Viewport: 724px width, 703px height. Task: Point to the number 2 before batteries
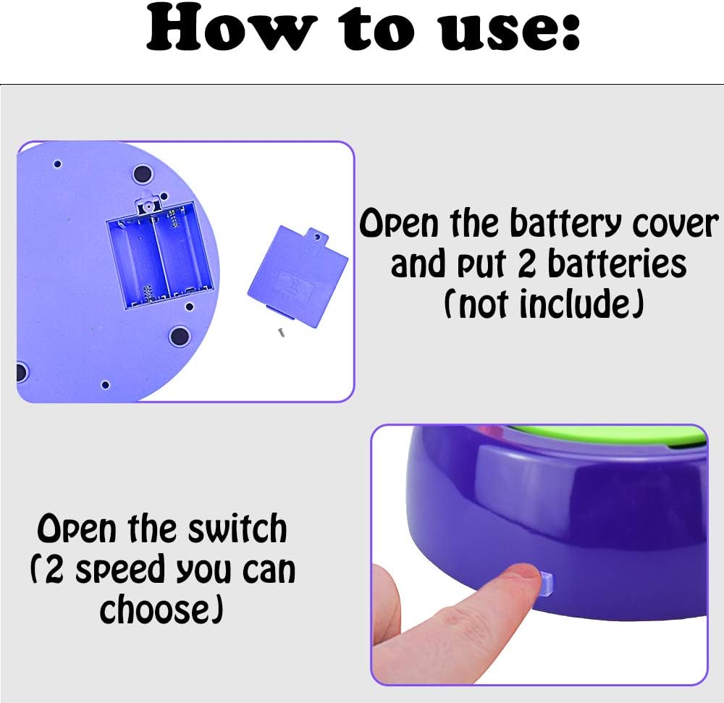click(x=527, y=264)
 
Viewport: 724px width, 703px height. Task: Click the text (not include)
click(x=544, y=304)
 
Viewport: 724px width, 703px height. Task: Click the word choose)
click(x=161, y=610)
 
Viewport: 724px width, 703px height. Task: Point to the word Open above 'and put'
click(x=398, y=224)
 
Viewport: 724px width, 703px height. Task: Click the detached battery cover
click(x=298, y=274)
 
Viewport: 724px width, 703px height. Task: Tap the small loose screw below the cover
click(x=281, y=332)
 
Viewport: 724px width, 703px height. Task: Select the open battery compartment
click(x=160, y=255)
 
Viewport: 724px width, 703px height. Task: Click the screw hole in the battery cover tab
click(x=317, y=237)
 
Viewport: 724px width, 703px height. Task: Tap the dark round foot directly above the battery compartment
click(x=143, y=174)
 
